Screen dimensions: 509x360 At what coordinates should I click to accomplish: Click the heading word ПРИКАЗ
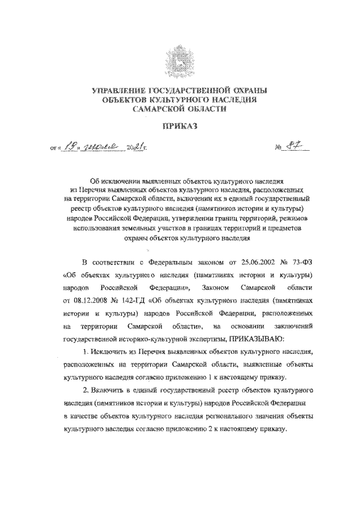180,128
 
